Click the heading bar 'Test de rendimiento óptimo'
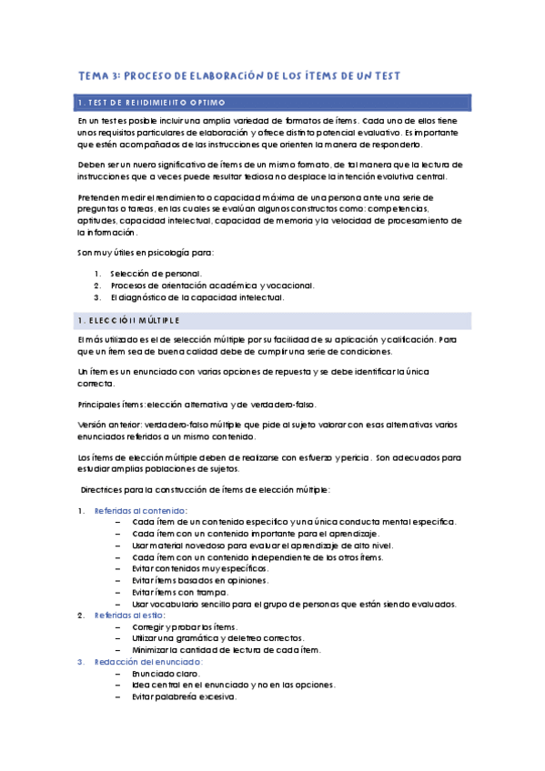click(273, 101)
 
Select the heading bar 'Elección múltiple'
click(273, 321)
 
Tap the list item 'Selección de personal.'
click(156, 274)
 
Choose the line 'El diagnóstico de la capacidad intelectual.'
click(197, 297)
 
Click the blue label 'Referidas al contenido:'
click(141, 510)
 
